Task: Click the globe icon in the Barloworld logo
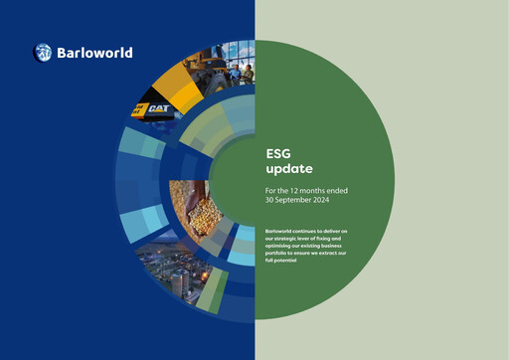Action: tap(43, 53)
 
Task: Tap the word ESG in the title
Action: tap(278, 154)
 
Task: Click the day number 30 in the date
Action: tap(269, 200)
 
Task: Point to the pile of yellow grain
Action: tap(194, 205)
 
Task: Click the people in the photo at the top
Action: tap(243, 70)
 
